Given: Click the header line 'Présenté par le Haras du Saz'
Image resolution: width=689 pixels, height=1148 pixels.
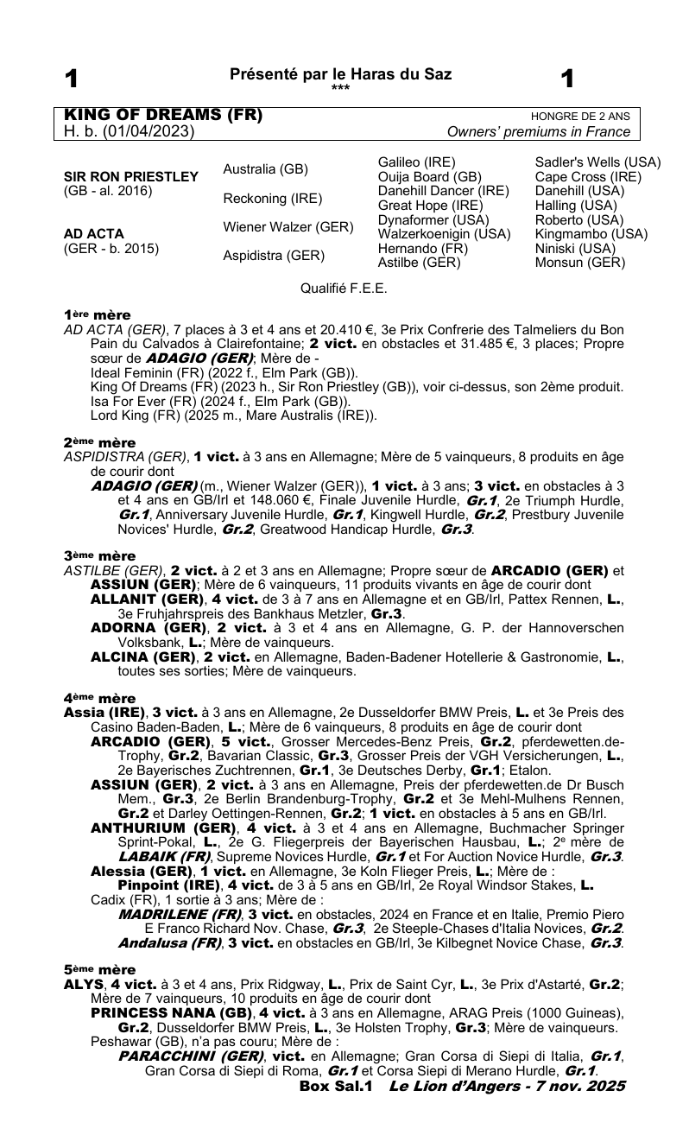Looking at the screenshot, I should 340,75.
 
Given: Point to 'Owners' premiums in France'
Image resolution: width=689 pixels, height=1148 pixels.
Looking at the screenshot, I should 539,132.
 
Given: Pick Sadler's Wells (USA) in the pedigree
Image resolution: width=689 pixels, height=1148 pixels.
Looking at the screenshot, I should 598,162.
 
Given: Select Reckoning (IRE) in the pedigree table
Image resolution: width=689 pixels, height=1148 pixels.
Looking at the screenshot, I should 272,199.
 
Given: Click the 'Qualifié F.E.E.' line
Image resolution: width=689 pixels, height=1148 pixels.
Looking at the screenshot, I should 344,288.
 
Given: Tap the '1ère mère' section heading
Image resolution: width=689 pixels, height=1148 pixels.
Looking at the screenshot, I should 97,316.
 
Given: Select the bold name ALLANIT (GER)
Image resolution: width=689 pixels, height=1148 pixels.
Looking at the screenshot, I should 149,598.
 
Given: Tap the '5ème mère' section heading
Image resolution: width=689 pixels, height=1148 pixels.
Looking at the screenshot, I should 98,970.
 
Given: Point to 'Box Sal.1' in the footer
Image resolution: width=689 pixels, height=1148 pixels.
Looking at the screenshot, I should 335,1085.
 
